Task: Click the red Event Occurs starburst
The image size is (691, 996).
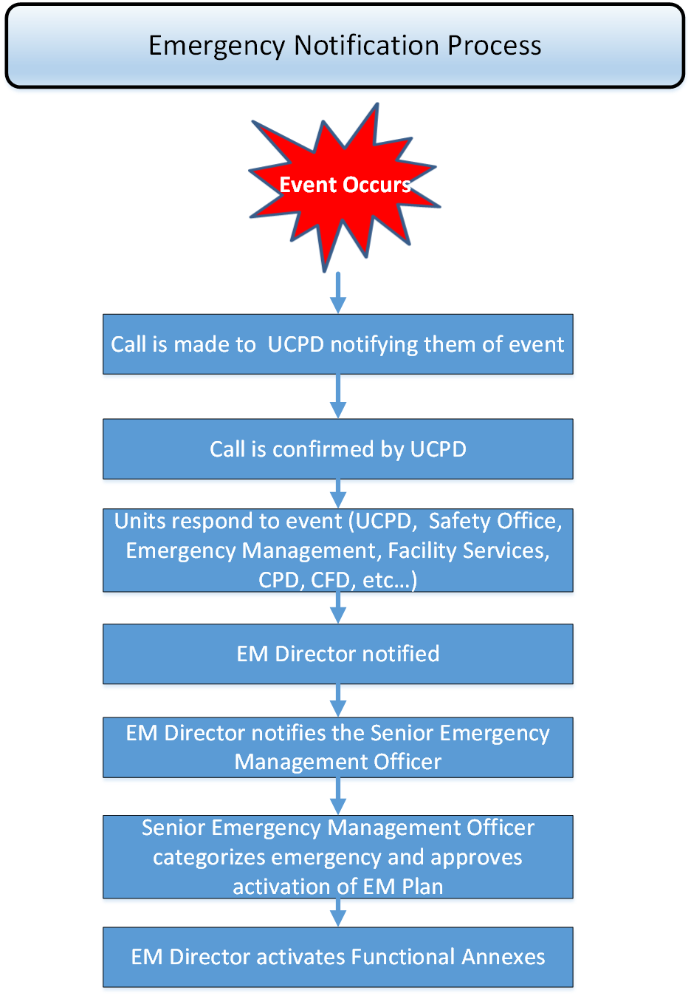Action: point(344,187)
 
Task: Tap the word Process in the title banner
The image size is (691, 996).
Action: point(494,45)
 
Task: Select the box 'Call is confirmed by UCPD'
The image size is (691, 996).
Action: point(337,448)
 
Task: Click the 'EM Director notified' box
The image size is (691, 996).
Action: point(337,654)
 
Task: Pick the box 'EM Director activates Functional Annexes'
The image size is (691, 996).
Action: point(337,957)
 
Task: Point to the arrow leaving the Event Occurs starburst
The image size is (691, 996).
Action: point(338,293)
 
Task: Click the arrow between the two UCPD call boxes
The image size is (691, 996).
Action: point(338,396)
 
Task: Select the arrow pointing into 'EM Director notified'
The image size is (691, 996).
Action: point(338,608)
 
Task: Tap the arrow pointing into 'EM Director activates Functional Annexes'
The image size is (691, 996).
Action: point(338,913)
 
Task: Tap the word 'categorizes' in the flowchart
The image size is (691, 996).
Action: point(208,857)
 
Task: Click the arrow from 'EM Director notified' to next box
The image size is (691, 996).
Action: point(338,700)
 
